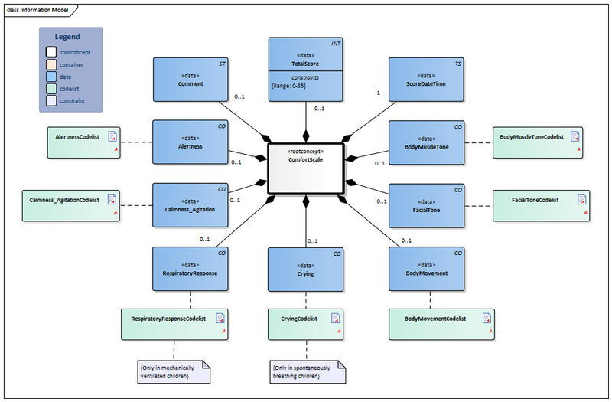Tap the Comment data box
tap(190, 80)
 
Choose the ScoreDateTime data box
tap(426, 80)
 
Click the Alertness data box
tap(190, 142)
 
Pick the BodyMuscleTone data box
tap(426, 142)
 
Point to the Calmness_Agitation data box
tap(190, 205)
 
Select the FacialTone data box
tap(426, 205)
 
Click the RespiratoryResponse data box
tap(190, 269)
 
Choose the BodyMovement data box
tap(426, 269)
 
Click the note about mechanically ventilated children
tap(174, 371)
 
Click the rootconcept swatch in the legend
tap(52, 51)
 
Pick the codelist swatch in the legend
tap(52, 88)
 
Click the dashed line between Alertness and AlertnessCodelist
tap(136, 142)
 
